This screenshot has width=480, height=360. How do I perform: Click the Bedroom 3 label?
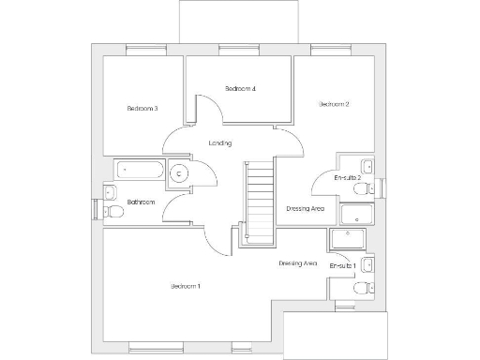142,109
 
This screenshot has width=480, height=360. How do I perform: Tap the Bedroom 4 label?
241,89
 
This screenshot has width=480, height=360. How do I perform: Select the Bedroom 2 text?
334,104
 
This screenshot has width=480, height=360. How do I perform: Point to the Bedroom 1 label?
186,285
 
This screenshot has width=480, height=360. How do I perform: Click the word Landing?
220,142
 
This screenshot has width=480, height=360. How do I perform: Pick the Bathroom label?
142,202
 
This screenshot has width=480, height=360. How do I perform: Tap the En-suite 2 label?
348,176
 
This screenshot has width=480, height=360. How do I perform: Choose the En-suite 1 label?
344,266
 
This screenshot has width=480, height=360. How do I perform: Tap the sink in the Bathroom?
110,192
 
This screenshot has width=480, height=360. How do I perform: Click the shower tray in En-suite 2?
356,216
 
